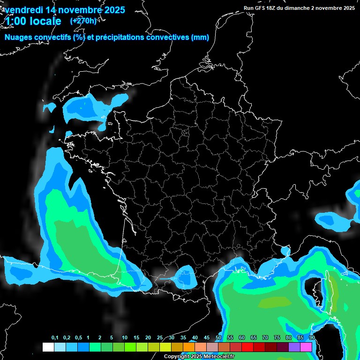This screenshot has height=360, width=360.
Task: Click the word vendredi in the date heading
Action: pos(23,9)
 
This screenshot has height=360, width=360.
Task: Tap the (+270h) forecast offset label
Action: pos(84,21)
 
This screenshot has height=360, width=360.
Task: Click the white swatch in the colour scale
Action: pos(48,347)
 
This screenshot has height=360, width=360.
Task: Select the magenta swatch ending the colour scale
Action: pos(306,347)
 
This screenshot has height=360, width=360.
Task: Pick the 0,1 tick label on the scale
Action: pos(54,338)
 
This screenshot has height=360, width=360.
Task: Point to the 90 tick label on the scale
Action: pos(312,338)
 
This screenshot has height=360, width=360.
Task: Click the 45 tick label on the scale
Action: pos(207,338)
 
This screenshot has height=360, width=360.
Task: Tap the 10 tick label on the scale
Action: pos(125,338)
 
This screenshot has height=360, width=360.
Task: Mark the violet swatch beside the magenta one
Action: pos(294,347)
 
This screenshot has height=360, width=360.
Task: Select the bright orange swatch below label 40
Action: pos(188,347)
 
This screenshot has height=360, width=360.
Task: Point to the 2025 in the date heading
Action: pos(111,9)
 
